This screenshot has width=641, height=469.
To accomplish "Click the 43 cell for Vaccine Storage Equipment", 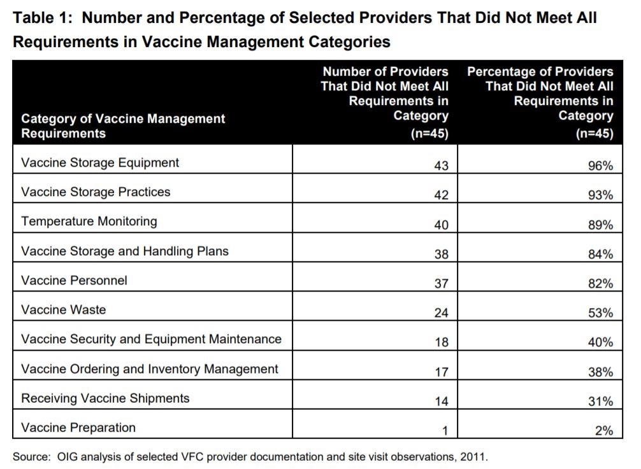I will click(x=441, y=165).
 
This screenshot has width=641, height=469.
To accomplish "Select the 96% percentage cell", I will click(x=600, y=165).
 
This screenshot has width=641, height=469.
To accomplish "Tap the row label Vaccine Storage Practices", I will click(x=96, y=192).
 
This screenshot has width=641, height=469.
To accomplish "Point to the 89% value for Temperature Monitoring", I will click(x=600, y=225).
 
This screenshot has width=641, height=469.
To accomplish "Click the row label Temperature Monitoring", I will click(x=89, y=221).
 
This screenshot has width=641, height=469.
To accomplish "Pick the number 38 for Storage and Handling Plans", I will click(x=441, y=254).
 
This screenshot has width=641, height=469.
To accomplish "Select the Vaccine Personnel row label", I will click(x=74, y=280).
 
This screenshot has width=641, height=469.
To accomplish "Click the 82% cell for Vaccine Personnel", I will click(x=600, y=283).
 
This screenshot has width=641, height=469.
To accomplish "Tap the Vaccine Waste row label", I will click(x=64, y=309).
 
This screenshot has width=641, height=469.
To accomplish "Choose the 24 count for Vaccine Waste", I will click(x=441, y=312).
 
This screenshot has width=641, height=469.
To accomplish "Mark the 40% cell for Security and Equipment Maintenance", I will click(x=600, y=342).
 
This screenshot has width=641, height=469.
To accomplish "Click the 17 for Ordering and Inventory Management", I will click(x=441, y=372).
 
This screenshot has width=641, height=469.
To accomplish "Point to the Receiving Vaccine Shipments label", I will click(x=105, y=398).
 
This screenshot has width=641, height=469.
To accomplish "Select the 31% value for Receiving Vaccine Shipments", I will click(x=600, y=401).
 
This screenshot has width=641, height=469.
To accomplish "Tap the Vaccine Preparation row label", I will click(x=78, y=427).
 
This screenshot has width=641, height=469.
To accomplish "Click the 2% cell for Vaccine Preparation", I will click(x=603, y=430).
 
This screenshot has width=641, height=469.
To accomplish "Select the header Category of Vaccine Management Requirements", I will click(x=123, y=126).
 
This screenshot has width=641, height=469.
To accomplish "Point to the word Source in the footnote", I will click(x=31, y=456).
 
